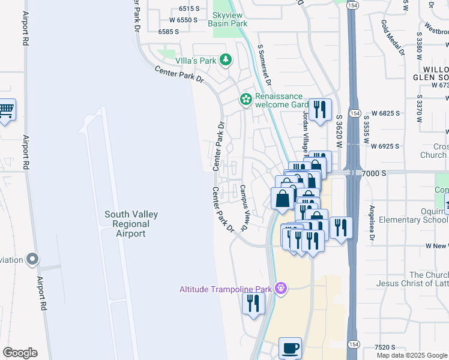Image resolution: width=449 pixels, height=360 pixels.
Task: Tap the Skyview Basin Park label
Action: point(228,19)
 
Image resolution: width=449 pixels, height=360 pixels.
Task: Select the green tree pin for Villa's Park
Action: point(226,59)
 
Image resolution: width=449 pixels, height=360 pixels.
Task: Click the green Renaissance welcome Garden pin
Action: point(246,99)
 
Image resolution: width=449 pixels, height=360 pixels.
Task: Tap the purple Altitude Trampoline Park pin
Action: point(280,289)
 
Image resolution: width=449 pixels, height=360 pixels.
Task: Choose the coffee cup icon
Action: point(291,348)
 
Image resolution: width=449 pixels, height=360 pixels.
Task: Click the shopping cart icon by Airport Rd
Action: point(6,110)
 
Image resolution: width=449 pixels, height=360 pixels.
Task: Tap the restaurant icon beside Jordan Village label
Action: point(320,110)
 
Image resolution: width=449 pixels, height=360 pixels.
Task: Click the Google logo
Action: point(20,353)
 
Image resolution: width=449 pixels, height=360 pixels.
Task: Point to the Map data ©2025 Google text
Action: point(412,355)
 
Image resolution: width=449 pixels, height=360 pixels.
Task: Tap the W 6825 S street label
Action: point(385,113)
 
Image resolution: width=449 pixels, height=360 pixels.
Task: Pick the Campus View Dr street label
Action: point(244,207)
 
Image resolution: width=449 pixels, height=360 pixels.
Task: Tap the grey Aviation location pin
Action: point(32,260)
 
